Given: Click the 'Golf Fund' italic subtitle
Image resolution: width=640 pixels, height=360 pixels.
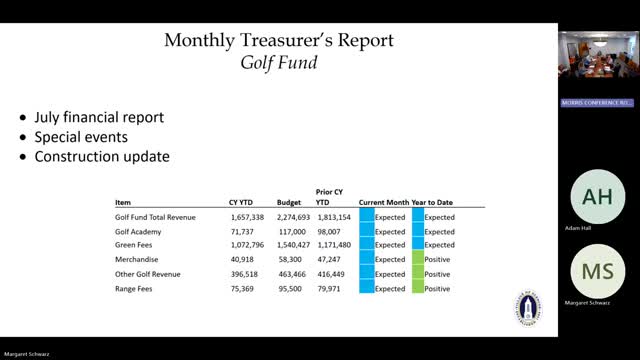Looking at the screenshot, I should [x=279, y=64].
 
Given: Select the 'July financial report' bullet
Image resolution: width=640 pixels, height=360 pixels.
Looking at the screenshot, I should [x=99, y=117].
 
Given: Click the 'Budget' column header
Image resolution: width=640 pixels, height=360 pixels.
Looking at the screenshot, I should [x=289, y=201].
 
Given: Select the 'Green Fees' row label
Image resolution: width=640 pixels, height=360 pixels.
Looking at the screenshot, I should [x=137, y=245].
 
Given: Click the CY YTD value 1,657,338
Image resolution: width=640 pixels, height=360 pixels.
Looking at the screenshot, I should [x=246, y=217].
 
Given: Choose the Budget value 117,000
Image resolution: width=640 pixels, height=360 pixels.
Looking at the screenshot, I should [x=292, y=231].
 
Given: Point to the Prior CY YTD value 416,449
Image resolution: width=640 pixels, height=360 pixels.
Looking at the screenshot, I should [x=334, y=273].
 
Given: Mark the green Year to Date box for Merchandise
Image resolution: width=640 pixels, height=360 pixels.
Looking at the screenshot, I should [x=417, y=259].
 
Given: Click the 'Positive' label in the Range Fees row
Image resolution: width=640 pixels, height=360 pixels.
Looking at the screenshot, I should [x=437, y=288].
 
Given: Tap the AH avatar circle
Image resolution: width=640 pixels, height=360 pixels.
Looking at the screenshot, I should [x=597, y=196].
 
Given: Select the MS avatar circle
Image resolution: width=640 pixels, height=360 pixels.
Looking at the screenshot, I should [x=597, y=272].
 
